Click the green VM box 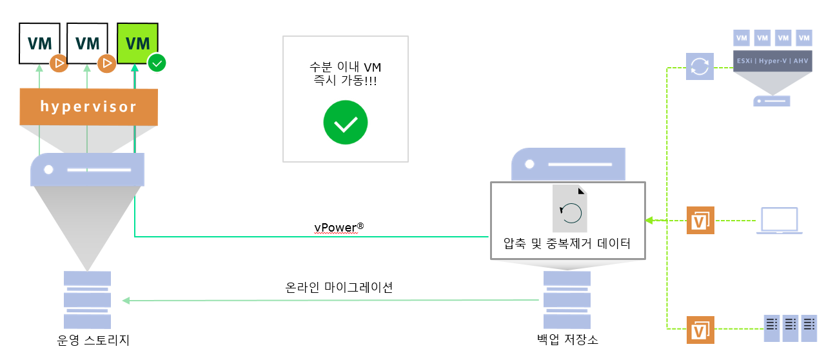pyautogui.click(x=137, y=43)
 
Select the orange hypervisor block pyautogui.click(x=89, y=106)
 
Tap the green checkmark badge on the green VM pyautogui.click(x=157, y=63)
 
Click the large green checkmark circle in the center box pyautogui.click(x=346, y=123)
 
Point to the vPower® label pyautogui.click(x=339, y=227)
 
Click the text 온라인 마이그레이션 pyautogui.click(x=339, y=287)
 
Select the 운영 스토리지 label pyautogui.click(x=93, y=340)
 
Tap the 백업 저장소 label pyautogui.click(x=567, y=339)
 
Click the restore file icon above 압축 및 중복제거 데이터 pyautogui.click(x=569, y=208)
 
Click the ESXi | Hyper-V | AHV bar pyautogui.click(x=772, y=61)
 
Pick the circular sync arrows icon pyautogui.click(x=700, y=66)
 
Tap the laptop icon pyautogui.click(x=779, y=221)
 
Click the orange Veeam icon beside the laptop pyautogui.click(x=700, y=221)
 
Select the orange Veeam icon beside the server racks pyautogui.click(x=700, y=330)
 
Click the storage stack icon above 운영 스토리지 pyautogui.click(x=87, y=300)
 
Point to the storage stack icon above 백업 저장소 pyautogui.click(x=567, y=300)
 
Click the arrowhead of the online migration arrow pyautogui.click(x=126, y=300)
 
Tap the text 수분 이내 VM pyautogui.click(x=345, y=67)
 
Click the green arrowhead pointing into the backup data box pyautogui.click(x=649, y=221)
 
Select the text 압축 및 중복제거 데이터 pyautogui.click(x=567, y=244)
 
